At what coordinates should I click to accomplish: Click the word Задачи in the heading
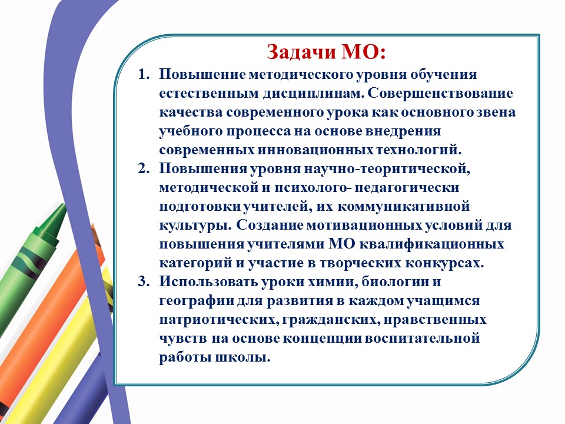click(301, 52)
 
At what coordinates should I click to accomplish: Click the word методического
click(301, 75)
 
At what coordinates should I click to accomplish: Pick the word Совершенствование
click(440, 93)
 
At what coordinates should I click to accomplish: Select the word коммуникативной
click(404, 206)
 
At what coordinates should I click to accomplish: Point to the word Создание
click(270, 224)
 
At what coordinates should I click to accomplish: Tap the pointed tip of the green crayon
click(65, 205)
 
